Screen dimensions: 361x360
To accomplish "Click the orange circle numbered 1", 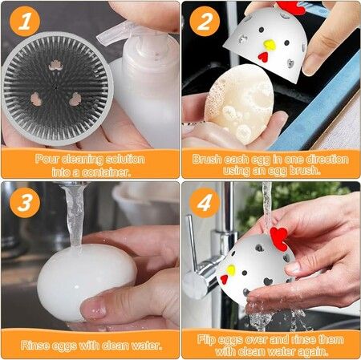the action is click(x=25, y=22).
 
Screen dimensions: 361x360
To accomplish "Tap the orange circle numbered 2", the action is click(x=205, y=22).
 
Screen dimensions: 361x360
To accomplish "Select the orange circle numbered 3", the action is click(x=25, y=203).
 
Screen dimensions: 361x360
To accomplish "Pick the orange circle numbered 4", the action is click(x=205, y=203).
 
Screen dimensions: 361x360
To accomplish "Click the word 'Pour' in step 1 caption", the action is click(x=47, y=160).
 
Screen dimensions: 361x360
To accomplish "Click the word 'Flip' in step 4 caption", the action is click(x=207, y=340).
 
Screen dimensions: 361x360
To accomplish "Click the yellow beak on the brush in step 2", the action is click(x=270, y=45).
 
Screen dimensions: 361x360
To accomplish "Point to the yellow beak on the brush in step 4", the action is click(x=231, y=270).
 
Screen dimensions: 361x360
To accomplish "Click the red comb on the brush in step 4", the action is click(x=279, y=237).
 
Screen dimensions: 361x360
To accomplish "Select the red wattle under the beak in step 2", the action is click(x=263, y=57).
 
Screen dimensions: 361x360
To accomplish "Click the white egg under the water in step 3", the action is click(x=85, y=281).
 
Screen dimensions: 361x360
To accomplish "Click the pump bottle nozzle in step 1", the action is click(x=113, y=34).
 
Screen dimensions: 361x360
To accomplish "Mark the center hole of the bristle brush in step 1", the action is click(x=55, y=87).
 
